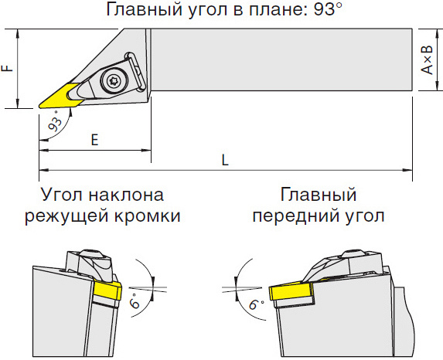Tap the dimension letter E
(x=94, y=140)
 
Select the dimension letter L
(x=225, y=160)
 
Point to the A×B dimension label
(x=427, y=59)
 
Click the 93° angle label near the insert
(x=56, y=121)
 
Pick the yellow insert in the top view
(x=60, y=96)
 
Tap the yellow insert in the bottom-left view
(x=107, y=292)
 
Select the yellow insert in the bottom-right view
(x=291, y=292)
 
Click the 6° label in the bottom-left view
(x=135, y=301)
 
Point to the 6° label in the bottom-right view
(x=256, y=304)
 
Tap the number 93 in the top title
(x=322, y=9)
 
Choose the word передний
(x=296, y=217)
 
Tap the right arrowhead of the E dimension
(x=146, y=150)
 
